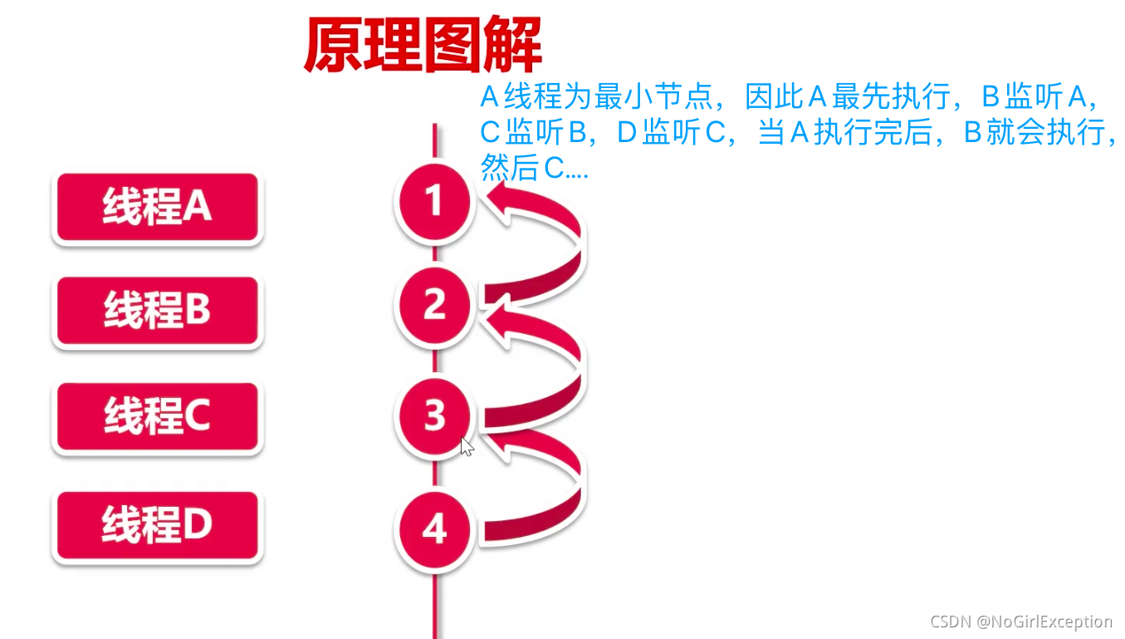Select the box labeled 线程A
157,207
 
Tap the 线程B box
157,311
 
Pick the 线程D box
157,527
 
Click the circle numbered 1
434,202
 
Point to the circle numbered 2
434,305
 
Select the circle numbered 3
434,415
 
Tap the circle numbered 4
434,529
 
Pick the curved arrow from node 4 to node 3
565,482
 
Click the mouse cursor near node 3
467,446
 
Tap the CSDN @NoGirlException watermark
1020,622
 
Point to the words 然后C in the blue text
523,169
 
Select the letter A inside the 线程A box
197,207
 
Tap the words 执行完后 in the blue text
873,134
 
